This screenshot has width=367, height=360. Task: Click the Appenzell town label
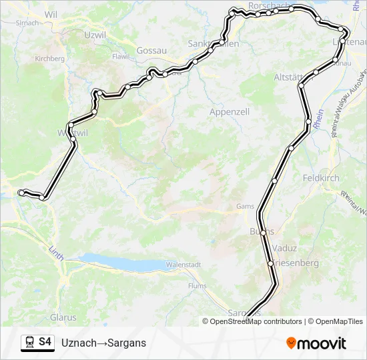pos(229,112)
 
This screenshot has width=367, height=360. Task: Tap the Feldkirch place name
pos(321,179)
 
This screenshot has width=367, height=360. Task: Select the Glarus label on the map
pos(63,317)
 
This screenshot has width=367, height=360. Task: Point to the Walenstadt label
pos(183,265)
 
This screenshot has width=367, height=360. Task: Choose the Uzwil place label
pos(95,34)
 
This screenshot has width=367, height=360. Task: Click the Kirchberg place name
pos(50,59)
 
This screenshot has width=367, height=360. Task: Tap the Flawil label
pos(120,57)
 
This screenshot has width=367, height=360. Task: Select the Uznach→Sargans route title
pos(103,343)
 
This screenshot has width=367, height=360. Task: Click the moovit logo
pos(316,343)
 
